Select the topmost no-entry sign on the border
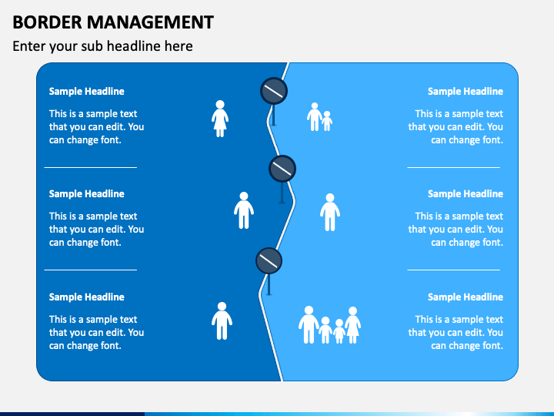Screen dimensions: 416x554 point(274,92)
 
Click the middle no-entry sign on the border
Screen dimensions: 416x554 point(282,168)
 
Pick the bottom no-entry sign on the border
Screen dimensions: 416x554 point(269,260)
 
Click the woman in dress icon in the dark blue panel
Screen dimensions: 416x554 point(220,119)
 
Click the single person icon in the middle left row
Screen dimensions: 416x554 point(244,210)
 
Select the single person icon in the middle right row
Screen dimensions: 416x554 point(330,212)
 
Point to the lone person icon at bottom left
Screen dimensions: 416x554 point(222,320)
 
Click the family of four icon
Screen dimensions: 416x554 point(330,325)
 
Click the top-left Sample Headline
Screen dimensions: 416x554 point(86,92)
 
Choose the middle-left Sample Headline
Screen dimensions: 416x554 point(86,194)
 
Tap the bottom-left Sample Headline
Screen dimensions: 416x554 point(86,297)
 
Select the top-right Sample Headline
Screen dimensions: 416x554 point(465,92)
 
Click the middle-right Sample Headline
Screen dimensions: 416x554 point(465,194)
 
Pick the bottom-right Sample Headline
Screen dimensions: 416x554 point(465,297)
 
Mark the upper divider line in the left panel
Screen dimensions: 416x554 point(90,167)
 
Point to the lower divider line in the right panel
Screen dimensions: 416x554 point(453,270)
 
